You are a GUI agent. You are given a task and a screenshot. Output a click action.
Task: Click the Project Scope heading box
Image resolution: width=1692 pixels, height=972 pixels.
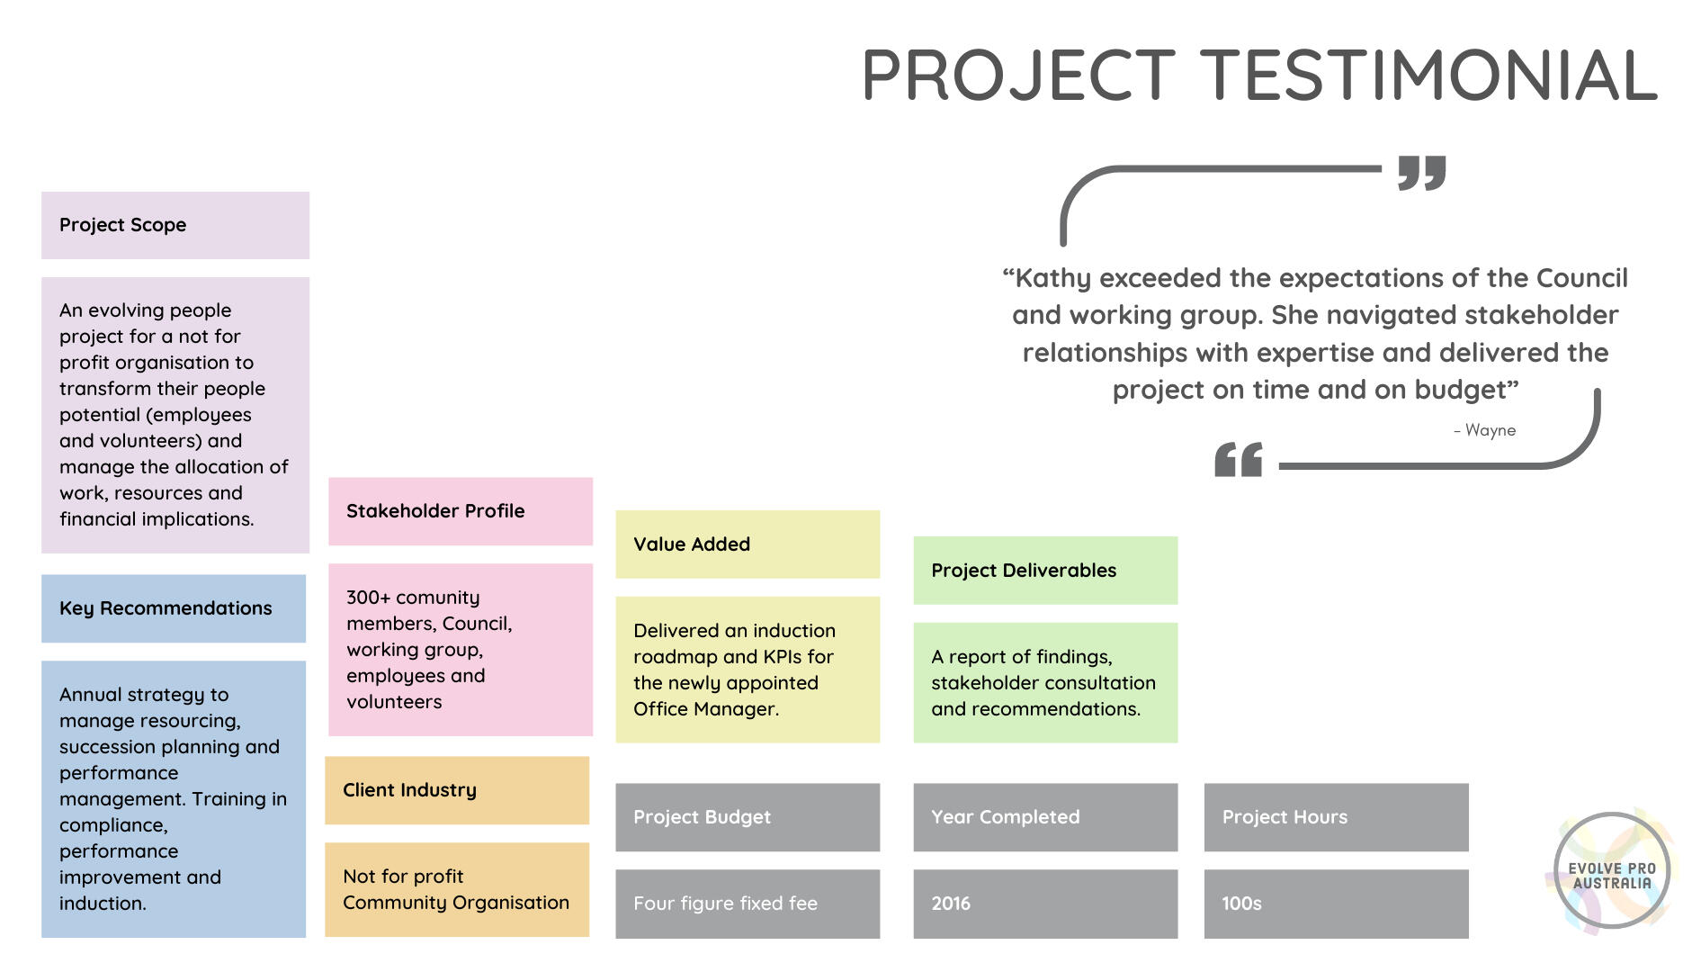175,225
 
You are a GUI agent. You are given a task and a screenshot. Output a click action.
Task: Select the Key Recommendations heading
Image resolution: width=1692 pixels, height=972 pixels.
174,608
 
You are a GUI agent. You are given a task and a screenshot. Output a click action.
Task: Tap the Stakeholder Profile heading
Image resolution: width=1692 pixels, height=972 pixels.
461,511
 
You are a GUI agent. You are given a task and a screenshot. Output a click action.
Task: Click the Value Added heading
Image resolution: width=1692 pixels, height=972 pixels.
748,544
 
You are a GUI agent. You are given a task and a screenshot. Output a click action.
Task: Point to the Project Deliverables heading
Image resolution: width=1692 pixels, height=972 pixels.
1045,571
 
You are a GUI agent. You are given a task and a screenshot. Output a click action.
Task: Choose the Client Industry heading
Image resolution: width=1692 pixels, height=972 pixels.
457,790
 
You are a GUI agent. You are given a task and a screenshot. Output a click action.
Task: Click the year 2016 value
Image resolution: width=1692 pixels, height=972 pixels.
951,904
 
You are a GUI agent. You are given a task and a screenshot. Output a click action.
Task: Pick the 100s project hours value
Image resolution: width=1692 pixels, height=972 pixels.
1241,904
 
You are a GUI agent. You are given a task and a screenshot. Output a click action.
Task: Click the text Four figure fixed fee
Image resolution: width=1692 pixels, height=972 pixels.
725,904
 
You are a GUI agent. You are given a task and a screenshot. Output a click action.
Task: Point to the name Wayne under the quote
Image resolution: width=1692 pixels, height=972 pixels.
1490,430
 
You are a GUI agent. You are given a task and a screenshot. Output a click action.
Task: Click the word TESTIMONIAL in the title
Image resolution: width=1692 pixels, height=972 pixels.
1429,76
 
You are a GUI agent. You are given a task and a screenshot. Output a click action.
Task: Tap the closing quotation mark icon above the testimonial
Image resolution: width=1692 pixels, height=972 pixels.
1421,172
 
